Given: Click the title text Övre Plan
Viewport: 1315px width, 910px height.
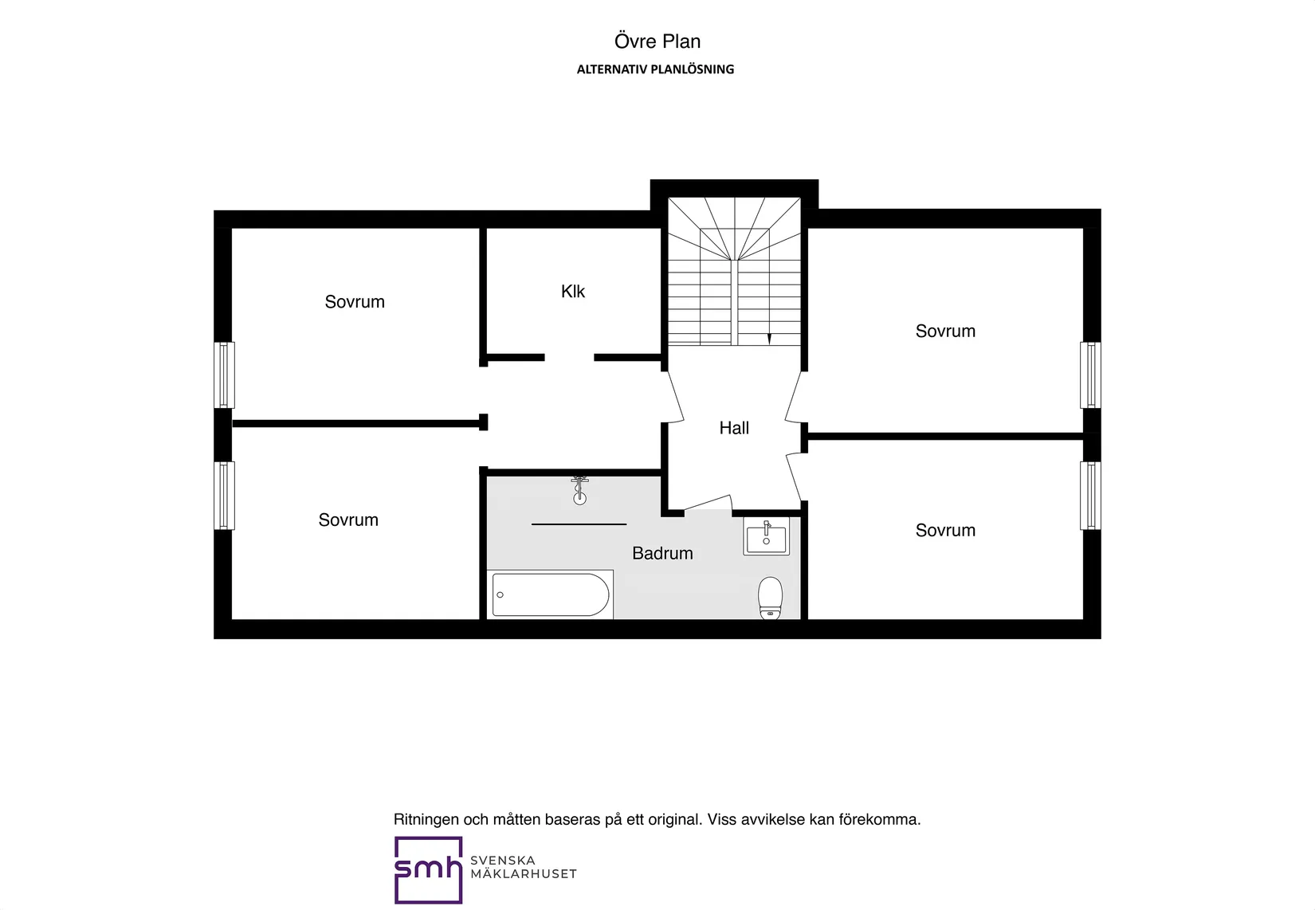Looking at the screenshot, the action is [657, 41].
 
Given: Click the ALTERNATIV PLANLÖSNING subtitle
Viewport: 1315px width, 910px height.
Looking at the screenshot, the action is [655, 69].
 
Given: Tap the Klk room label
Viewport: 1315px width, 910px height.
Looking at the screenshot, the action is [572, 291].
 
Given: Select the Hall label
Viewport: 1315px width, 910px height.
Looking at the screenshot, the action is [734, 428].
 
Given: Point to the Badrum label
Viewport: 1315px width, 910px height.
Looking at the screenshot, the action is [662, 553].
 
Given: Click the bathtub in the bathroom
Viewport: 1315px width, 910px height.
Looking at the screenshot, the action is [550, 594].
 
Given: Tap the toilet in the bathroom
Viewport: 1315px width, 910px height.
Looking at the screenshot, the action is [770, 598].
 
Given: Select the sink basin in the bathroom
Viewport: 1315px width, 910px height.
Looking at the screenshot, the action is [766, 536].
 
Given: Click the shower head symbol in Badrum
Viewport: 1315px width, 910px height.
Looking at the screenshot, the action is [579, 491].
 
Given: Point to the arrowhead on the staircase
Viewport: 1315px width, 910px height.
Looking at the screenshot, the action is [769, 339].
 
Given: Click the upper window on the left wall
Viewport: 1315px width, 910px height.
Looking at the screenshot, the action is [224, 375].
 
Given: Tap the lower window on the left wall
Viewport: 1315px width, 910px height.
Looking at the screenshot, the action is [224, 496].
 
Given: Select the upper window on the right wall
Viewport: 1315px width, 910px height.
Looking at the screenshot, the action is [1090, 375].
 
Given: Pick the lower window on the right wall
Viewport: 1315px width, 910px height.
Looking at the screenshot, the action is [1090, 496].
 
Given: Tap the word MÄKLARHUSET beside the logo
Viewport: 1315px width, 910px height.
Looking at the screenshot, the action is [524, 874].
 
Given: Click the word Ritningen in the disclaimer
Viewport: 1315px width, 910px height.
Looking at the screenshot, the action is [426, 820].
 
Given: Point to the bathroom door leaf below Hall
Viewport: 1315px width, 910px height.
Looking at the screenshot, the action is [708, 503].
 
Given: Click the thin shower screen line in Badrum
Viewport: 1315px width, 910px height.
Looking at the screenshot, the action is [579, 524].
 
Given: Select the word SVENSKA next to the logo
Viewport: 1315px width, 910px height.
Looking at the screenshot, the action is [503, 860].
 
